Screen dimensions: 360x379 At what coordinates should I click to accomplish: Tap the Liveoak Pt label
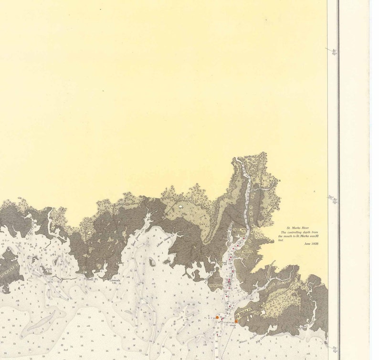click(116, 280)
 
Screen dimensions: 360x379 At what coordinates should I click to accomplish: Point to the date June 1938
click(311, 244)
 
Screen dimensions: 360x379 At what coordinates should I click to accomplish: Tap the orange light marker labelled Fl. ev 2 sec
click(217, 317)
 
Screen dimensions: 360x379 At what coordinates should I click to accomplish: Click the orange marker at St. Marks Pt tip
click(236, 321)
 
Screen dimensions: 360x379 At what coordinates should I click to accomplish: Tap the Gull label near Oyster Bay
click(49, 269)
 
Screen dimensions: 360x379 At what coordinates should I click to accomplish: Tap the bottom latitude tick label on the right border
click(334, 349)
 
